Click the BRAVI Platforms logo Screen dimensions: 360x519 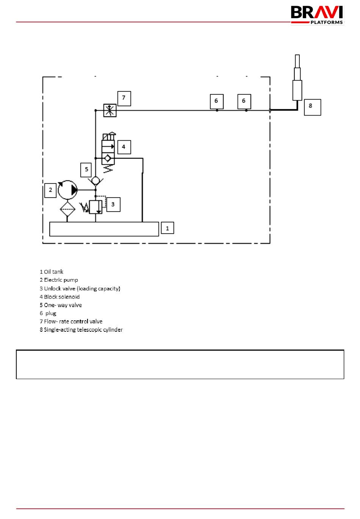point(317,15)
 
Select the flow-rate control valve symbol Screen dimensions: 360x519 point(110,110)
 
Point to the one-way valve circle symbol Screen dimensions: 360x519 point(95,180)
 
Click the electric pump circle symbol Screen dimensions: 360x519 point(67,190)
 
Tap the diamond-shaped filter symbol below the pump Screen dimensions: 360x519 point(67,209)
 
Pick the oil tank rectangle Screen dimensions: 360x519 point(104,229)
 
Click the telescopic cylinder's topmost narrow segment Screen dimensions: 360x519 point(297,61)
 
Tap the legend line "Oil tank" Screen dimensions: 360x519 point(52,271)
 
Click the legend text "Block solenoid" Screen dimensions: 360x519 point(59,296)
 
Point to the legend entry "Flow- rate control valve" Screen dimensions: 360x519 point(71,321)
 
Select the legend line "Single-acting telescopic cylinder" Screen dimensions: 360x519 point(81,329)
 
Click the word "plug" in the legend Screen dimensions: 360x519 point(51,313)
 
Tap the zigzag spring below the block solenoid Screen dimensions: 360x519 point(108,169)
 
